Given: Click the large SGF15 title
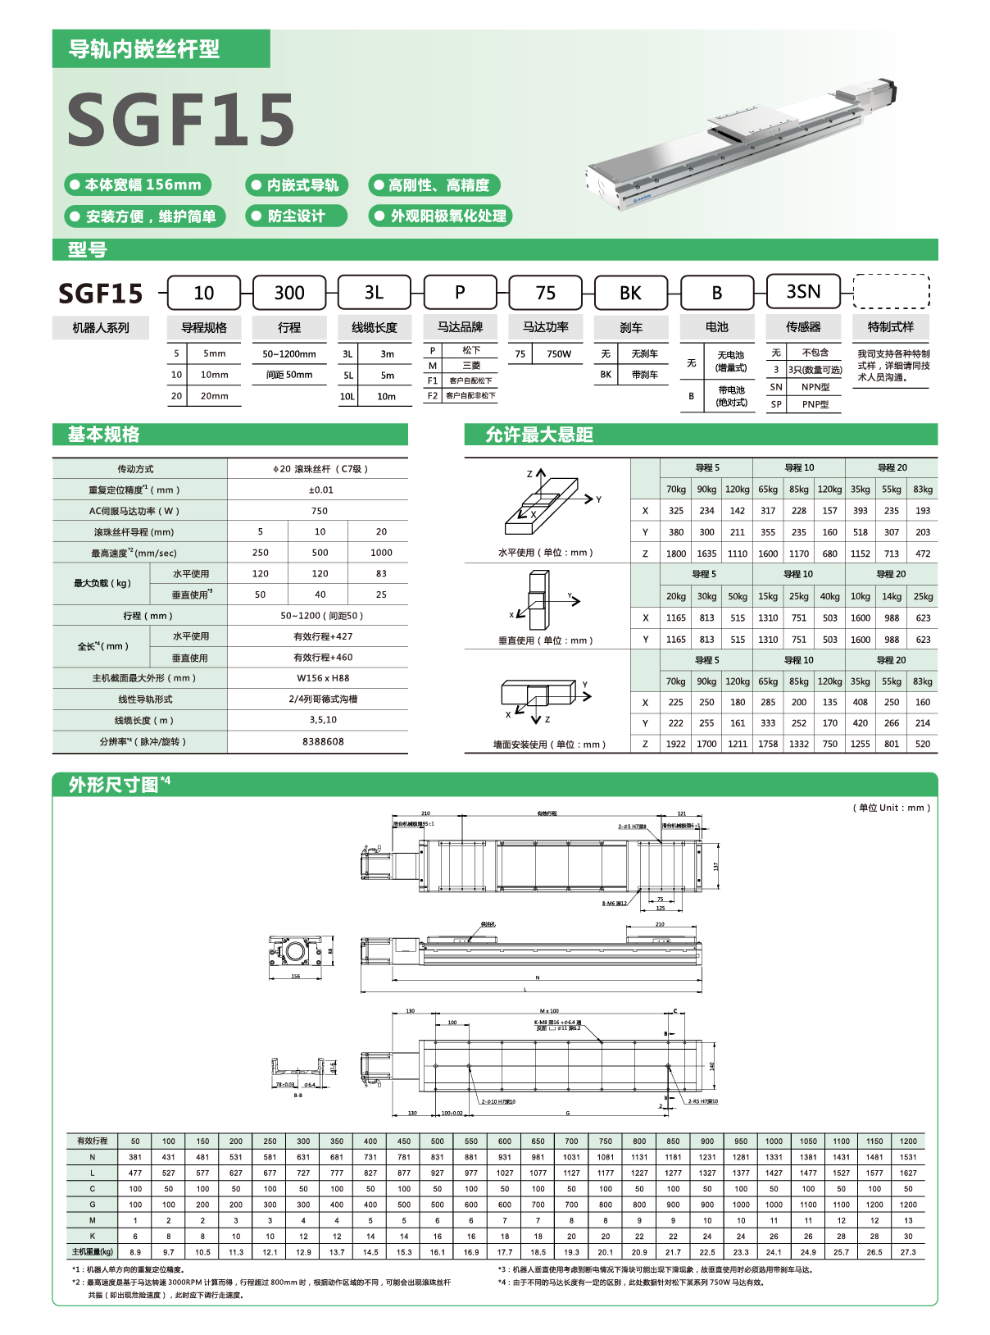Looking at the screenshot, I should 180,119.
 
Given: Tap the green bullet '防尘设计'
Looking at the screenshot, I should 296,216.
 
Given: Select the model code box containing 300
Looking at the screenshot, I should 289,293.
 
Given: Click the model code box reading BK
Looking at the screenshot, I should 630,293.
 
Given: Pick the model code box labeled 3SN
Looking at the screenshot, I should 803,292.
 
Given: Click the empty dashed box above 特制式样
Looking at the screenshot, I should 891,292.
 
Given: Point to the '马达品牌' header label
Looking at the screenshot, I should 460,326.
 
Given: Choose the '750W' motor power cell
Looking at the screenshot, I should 559,354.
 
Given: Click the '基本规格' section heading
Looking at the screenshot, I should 104,435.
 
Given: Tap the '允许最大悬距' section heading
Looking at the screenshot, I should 538,435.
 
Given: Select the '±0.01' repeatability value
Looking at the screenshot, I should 320,490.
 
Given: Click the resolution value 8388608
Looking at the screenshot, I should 323,741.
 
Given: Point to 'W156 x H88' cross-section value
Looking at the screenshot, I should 323,678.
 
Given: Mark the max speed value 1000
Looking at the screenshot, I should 381,553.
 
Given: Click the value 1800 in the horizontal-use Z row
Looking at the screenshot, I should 675,554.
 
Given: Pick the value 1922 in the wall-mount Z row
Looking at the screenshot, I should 675,745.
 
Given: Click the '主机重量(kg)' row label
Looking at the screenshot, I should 92,1252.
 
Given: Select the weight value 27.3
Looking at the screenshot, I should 908,1252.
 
